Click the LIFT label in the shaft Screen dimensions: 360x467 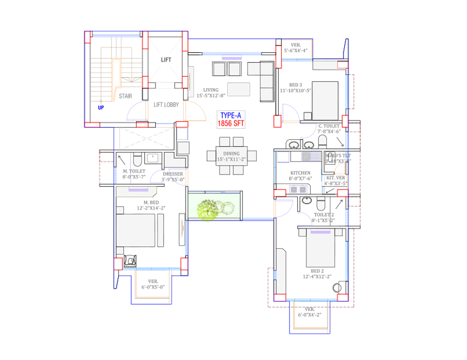tap(166, 60)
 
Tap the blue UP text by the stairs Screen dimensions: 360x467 tap(100, 108)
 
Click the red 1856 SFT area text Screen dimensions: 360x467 tap(230, 125)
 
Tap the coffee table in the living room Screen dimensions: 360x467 tap(238, 89)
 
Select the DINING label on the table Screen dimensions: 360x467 tap(231, 154)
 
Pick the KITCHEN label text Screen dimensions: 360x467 tap(300, 173)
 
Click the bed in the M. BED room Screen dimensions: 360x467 tap(136, 230)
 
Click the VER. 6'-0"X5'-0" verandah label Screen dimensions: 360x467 tap(153, 284)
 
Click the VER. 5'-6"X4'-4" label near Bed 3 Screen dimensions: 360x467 tap(296, 48)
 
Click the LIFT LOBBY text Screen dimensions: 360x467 tap(166, 105)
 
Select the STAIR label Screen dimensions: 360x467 tap(125, 96)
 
